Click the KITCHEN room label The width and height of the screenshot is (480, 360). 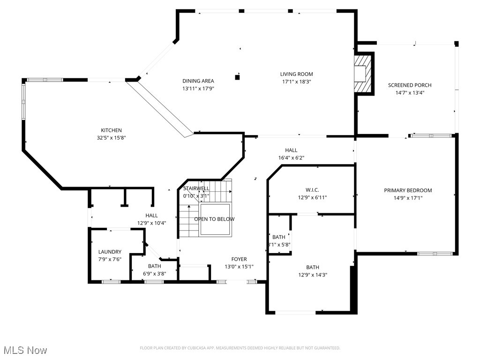tap(111, 130)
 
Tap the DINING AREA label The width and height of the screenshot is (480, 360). tap(198, 81)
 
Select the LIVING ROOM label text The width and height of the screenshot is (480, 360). tap(296, 74)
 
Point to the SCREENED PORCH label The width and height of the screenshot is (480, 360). tap(409, 85)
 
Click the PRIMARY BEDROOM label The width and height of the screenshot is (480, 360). tap(408, 190)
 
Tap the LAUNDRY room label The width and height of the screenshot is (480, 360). tap(110, 252)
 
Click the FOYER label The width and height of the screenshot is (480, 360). tap(239, 259)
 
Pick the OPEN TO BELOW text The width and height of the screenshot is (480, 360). tap(214, 219)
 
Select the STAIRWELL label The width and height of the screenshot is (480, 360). tap(196, 188)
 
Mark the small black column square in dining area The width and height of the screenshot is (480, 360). tap(238, 77)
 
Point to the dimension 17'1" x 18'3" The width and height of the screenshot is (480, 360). tap(296, 82)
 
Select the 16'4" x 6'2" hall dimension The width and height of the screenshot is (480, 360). tap(291, 158)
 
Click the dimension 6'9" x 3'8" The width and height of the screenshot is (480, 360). tap(154, 274)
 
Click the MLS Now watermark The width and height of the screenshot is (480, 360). tap(25, 350)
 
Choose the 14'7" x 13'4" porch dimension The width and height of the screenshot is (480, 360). tap(409, 93)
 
